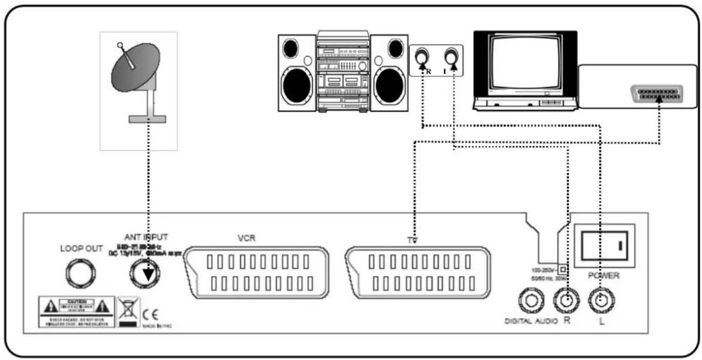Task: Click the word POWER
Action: pyautogui.click(x=603, y=276)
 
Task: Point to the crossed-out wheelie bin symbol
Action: pyautogui.click(x=127, y=311)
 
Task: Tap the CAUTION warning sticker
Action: pyautogui.click(x=76, y=312)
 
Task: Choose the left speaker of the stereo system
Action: pyautogui.click(x=297, y=73)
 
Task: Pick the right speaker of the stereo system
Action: pyautogui.click(x=389, y=73)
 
